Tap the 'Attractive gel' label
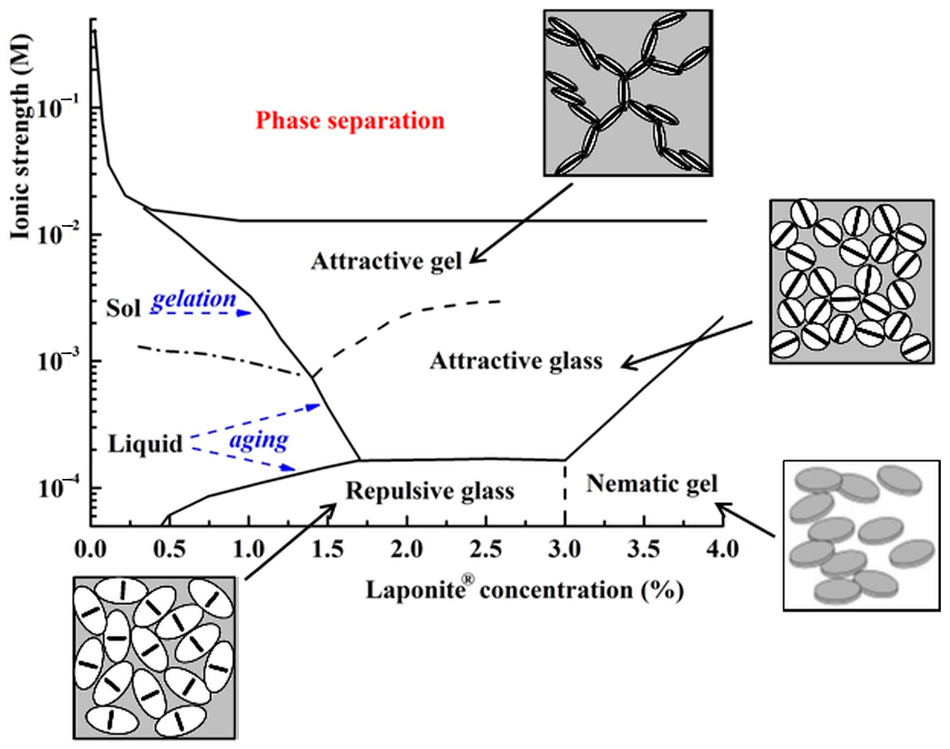[386, 262]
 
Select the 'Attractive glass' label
[516, 362]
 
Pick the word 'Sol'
[123, 308]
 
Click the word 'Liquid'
[145, 444]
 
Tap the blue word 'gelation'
[194, 300]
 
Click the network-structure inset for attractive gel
[628, 93]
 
